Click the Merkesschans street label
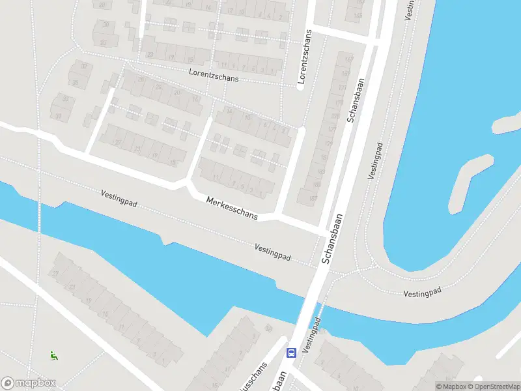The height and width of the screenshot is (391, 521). [232, 208]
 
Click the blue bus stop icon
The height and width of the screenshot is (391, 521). [291, 353]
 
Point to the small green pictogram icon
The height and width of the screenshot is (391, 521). [53, 355]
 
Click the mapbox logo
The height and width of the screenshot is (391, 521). [29, 383]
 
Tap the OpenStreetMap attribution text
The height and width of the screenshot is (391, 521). [497, 386]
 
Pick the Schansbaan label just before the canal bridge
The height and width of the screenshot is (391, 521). [332, 239]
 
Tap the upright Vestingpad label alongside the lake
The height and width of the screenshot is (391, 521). [376, 161]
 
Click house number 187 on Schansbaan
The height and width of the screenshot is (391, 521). [314, 198]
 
